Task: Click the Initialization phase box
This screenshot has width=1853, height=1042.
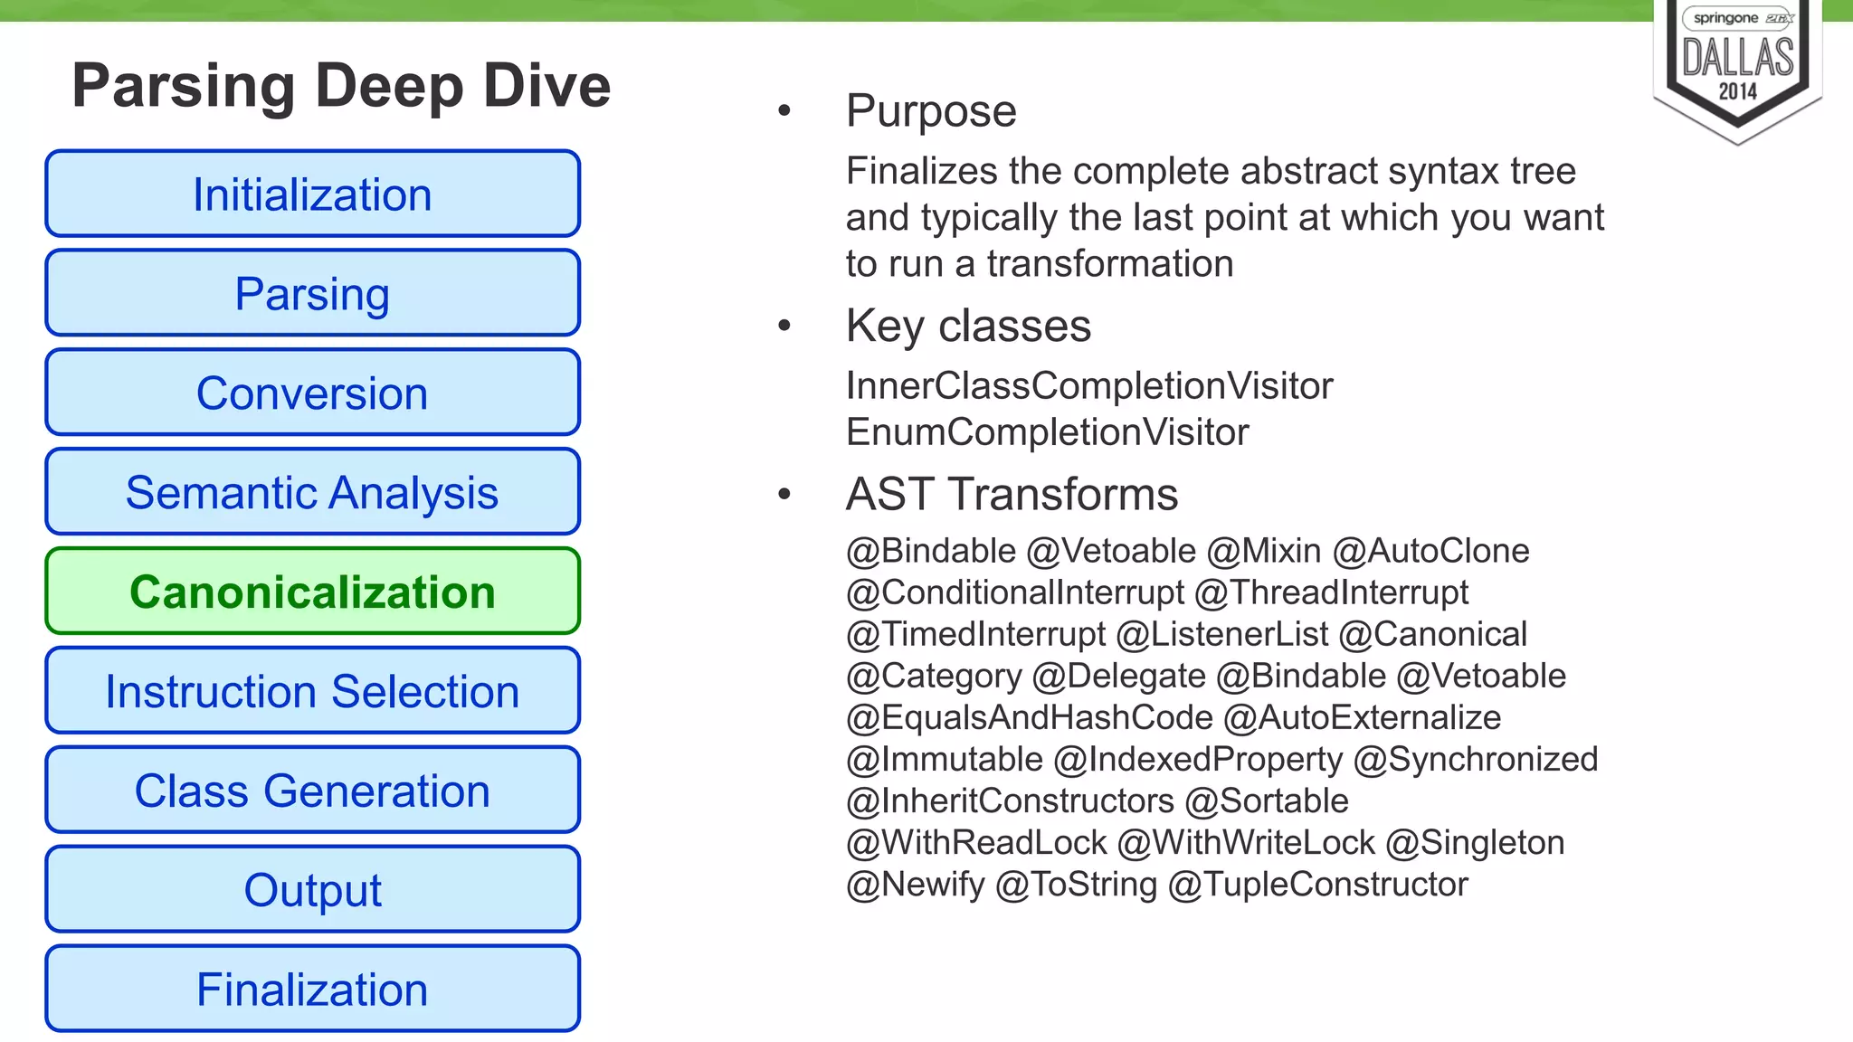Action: coord(312,194)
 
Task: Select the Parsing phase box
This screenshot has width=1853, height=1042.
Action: coord(312,294)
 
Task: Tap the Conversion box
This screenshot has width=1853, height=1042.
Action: coord(312,393)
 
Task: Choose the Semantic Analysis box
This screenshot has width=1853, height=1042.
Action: coord(312,493)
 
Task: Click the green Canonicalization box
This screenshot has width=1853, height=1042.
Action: coord(312,592)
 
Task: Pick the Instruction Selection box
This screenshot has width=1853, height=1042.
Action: coord(312,692)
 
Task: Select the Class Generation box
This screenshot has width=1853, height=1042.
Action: coord(312,791)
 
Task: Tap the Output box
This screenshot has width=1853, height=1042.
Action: coord(312,890)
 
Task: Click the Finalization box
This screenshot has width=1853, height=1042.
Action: coord(312,990)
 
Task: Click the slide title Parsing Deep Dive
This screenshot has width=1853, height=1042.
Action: coord(341,86)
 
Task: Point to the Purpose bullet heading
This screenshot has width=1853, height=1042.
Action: coord(931,111)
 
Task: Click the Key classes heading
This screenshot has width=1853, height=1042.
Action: coord(968,326)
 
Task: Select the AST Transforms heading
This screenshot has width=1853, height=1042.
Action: coord(1012,495)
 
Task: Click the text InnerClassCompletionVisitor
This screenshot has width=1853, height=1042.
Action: coord(1089,386)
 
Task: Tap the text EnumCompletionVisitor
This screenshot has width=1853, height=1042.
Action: coord(1047,432)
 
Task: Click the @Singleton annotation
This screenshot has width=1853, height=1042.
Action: coord(1475,843)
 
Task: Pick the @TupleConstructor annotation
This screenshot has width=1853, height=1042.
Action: coord(1317,885)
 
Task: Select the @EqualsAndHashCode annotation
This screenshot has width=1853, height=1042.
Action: coord(1029,718)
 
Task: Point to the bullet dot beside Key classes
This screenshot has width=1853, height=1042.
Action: coord(784,326)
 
